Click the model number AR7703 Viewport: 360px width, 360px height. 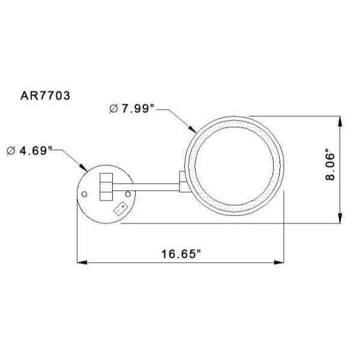click(45, 95)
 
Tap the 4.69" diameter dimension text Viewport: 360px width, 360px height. click(35, 151)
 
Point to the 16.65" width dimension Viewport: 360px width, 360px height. click(181, 254)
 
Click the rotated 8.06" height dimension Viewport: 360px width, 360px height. click(331, 164)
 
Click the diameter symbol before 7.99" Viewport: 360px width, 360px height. click(113, 109)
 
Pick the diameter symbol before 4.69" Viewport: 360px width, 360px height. click(11, 151)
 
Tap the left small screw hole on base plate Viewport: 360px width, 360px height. click(84, 194)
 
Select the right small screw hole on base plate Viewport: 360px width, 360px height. click(128, 194)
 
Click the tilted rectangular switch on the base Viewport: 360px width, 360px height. click(121, 209)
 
